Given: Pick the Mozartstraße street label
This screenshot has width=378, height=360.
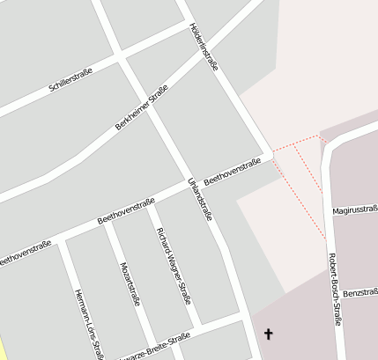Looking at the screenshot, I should tap(130, 283).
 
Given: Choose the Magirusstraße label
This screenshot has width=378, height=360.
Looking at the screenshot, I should tap(355, 211).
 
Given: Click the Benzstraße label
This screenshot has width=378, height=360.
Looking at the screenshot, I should tap(360, 292).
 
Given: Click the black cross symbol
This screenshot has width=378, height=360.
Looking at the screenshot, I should tap(269, 334).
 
